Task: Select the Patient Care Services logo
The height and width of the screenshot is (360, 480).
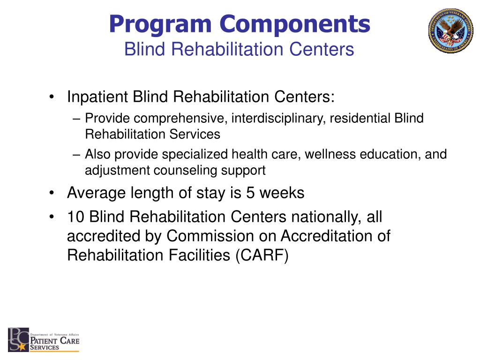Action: (x=44, y=340)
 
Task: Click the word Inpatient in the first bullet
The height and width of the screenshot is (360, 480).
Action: (x=97, y=97)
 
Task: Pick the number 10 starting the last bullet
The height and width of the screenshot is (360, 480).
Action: (x=76, y=217)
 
